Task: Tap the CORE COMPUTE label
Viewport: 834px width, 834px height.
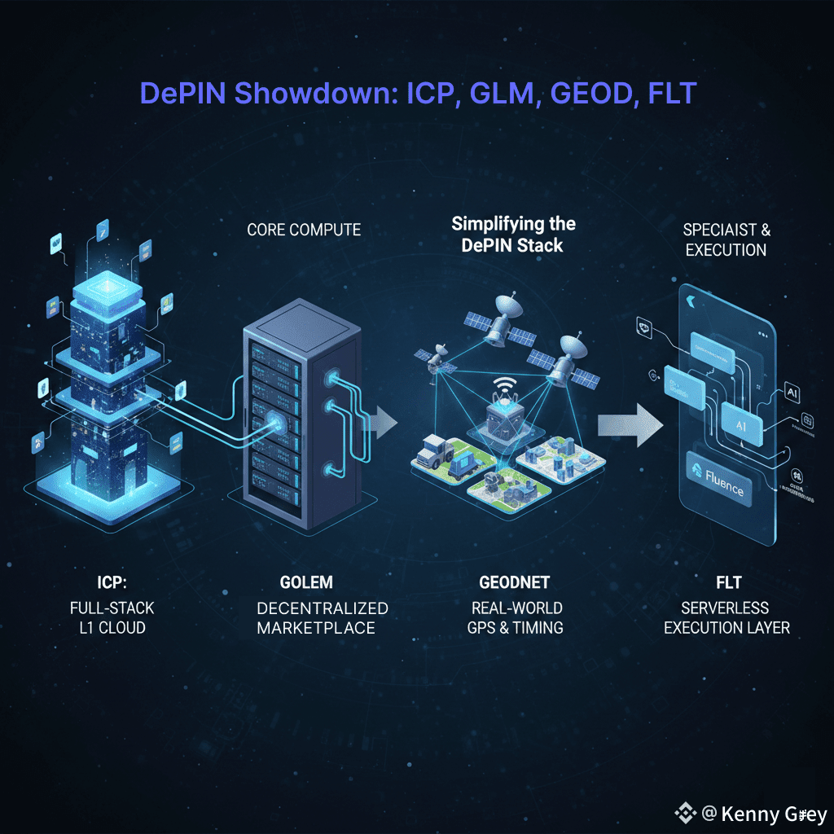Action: click(303, 230)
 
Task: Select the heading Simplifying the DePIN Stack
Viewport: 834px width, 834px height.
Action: click(514, 234)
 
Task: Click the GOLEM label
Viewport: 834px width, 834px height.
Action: click(305, 583)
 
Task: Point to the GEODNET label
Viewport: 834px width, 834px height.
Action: click(514, 583)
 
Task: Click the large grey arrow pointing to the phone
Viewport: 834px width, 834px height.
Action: click(628, 424)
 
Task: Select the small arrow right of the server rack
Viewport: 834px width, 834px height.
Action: click(380, 422)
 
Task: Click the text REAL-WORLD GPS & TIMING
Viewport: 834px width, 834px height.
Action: click(516, 618)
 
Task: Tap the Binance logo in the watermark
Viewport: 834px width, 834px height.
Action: click(684, 814)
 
